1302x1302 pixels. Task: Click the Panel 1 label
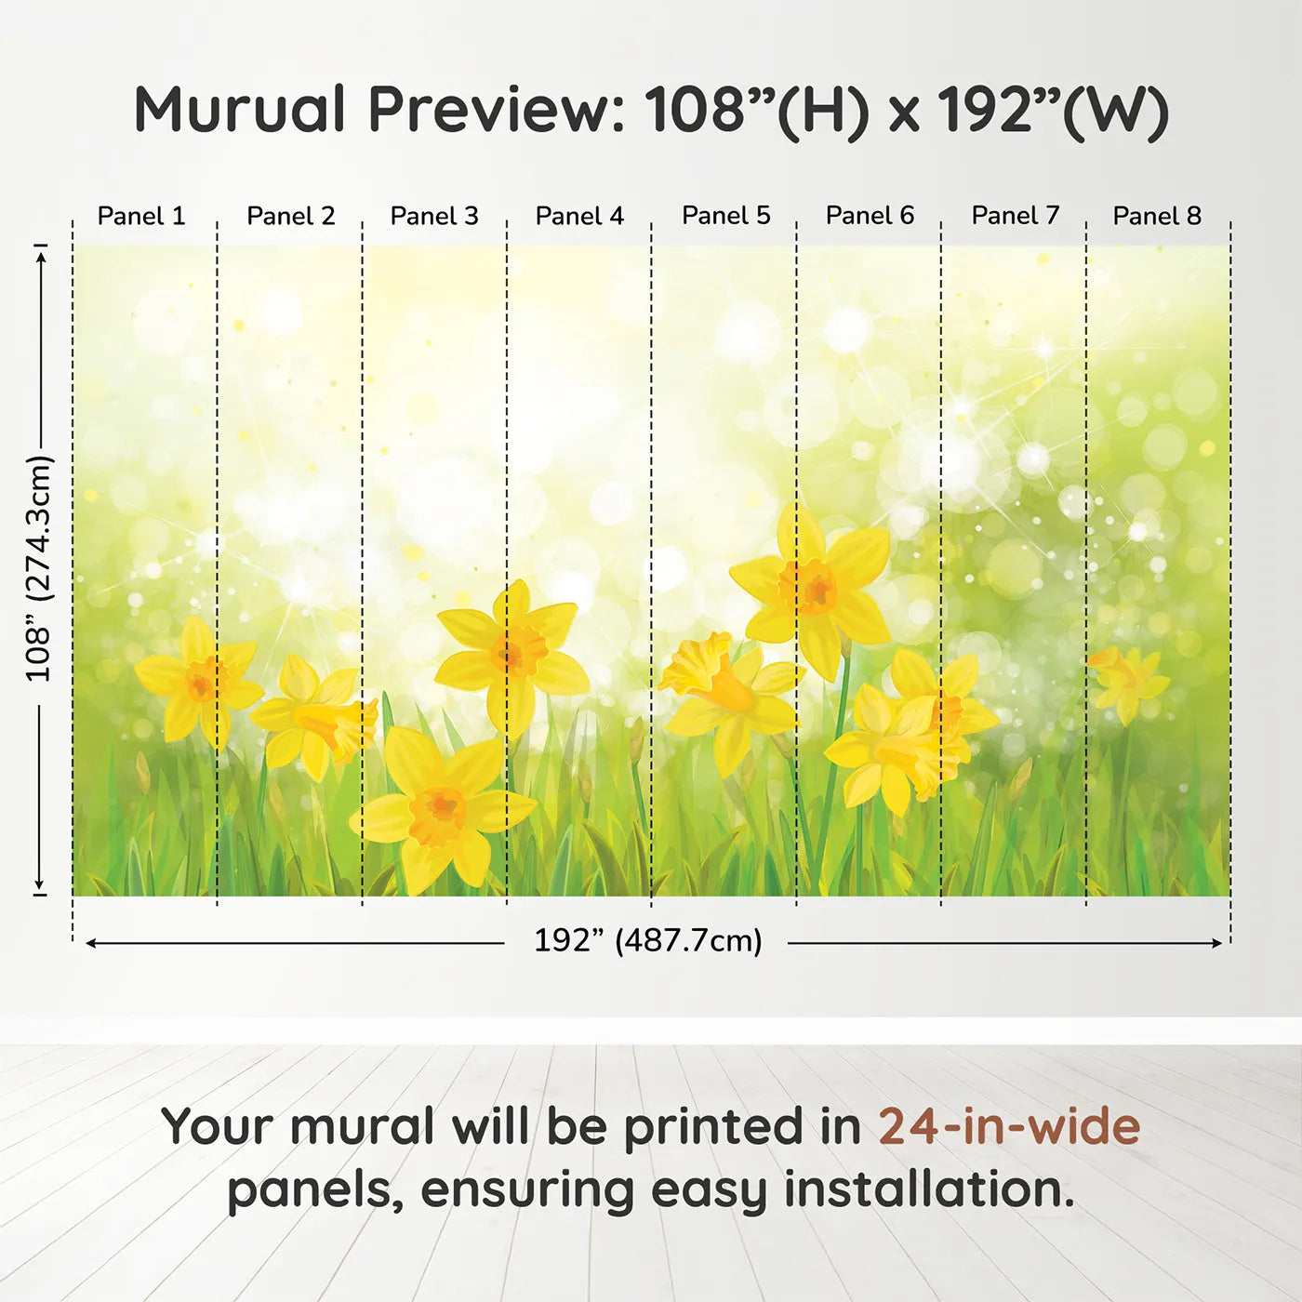[x=141, y=216]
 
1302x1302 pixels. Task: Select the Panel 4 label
[x=579, y=216]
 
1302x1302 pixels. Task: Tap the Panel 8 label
[x=1157, y=216]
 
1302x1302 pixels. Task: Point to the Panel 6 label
[x=870, y=216]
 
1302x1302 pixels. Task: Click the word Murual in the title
[x=240, y=109]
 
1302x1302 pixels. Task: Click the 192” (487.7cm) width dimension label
[x=648, y=940]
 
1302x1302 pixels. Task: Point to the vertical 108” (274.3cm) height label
[x=38, y=569]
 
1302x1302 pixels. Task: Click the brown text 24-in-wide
[x=1009, y=1126]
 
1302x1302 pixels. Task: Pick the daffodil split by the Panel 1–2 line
[x=198, y=683]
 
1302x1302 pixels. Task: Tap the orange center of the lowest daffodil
[x=436, y=814]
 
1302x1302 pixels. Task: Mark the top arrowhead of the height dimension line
[x=42, y=259]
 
